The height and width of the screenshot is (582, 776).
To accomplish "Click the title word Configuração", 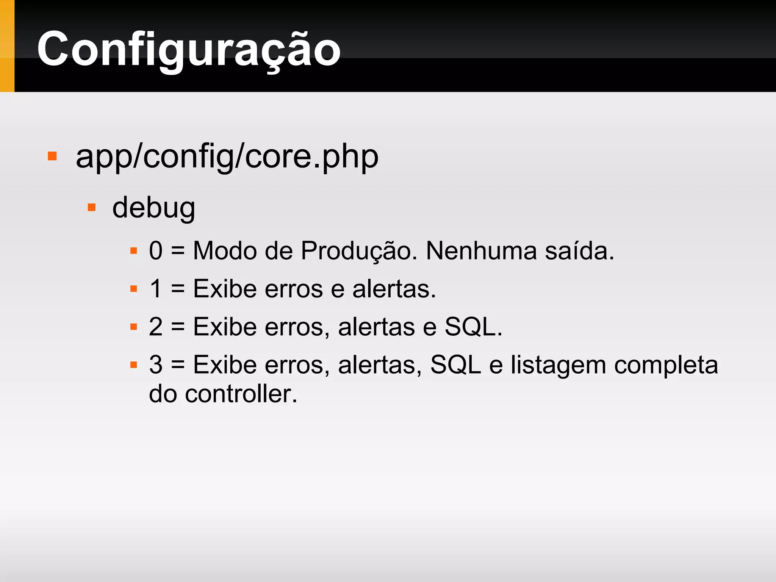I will [189, 49].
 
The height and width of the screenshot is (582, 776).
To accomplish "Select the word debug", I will [153, 208].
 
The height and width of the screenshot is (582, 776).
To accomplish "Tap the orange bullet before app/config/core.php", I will [52, 156].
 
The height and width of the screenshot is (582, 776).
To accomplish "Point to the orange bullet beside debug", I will [92, 207].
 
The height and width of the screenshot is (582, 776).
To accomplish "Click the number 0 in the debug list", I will [156, 251].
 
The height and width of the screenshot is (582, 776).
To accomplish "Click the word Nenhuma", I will [481, 251].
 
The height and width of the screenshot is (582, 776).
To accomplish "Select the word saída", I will [579, 251].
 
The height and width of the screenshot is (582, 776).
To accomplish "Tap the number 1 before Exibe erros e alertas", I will [156, 289].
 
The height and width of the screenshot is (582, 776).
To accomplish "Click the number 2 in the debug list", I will [156, 327].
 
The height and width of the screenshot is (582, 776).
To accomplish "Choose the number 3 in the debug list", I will [156, 365].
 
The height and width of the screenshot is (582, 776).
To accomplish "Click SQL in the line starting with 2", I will [470, 327].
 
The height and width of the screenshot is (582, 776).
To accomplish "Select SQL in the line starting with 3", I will [455, 365].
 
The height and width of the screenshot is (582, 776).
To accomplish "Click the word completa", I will [666, 365].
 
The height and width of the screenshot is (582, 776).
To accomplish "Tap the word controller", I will [241, 394].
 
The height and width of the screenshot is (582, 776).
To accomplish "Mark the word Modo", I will [225, 251].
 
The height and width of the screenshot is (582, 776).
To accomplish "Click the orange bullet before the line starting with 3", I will [133, 365].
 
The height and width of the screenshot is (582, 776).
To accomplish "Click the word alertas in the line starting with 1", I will [394, 289].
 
